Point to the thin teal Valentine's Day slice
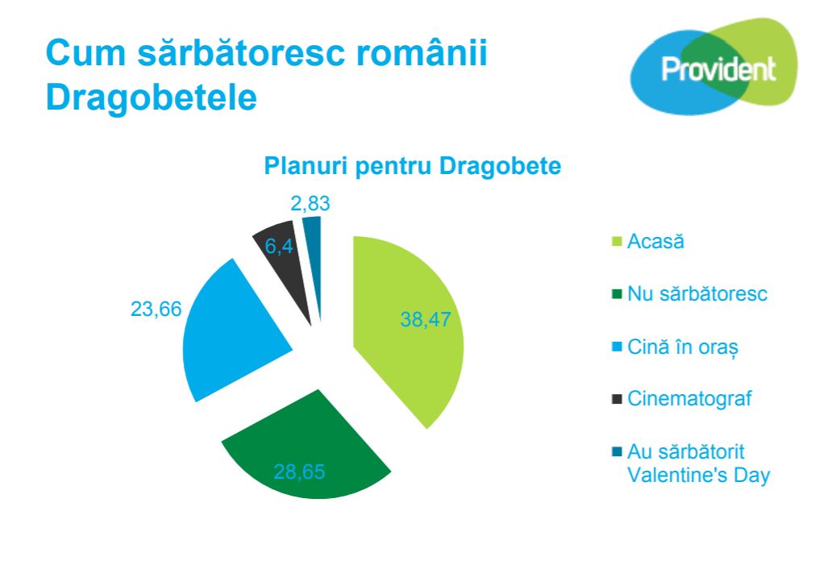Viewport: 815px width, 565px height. pos(314,250)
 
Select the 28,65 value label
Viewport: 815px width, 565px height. pos(299,472)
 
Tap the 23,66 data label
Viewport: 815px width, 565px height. pos(156,310)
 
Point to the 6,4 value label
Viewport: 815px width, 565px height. pos(279,247)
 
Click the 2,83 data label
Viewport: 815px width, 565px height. pos(310,203)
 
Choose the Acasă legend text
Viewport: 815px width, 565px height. pos(656,242)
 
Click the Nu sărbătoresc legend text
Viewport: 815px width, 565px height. pos(697,294)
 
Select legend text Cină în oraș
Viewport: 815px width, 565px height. pos(683,347)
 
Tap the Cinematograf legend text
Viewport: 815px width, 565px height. pos(690,399)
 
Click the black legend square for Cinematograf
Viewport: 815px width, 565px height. pos(617,399)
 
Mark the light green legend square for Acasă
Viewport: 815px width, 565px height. pos(617,242)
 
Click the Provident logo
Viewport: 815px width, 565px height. pos(713,67)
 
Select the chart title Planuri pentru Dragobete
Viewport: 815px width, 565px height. pos(413,166)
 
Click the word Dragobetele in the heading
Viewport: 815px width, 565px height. pos(152,98)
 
